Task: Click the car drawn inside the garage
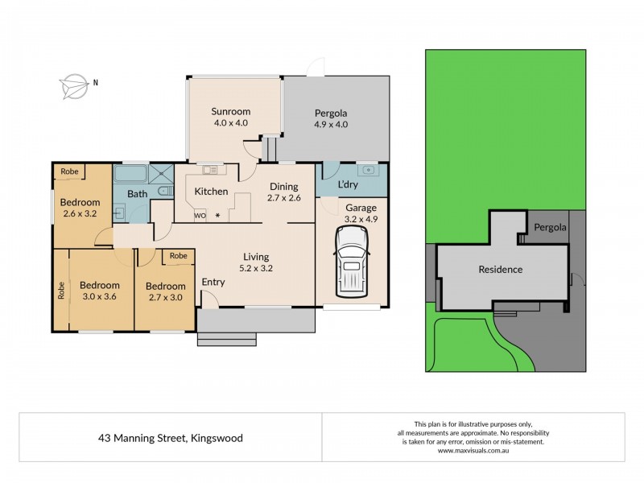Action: click(x=351, y=259)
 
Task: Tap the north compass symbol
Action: click(x=73, y=82)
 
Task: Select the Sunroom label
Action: click(x=230, y=111)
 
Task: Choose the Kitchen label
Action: click(x=210, y=191)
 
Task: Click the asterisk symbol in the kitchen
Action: click(x=217, y=216)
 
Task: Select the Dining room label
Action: click(x=283, y=186)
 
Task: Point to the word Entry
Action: click(x=213, y=282)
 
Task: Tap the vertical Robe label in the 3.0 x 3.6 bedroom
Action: click(x=61, y=290)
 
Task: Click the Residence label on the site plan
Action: click(x=501, y=270)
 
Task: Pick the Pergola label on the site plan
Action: click(x=548, y=228)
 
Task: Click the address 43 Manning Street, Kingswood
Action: click(x=171, y=438)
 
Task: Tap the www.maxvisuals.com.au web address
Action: click(x=473, y=451)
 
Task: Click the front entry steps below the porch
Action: click(x=227, y=339)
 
